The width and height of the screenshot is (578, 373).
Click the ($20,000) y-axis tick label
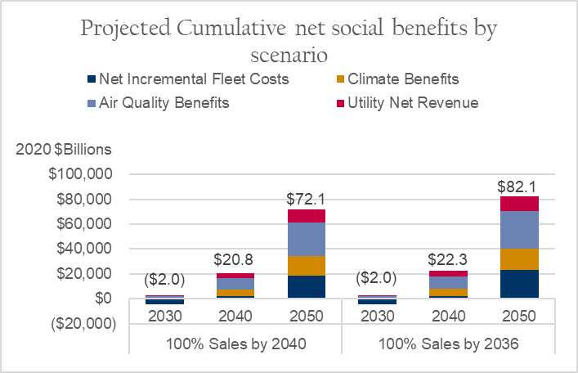[x=81, y=323]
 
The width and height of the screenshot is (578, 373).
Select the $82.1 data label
[x=518, y=186]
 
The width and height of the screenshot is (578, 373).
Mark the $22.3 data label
[x=448, y=261]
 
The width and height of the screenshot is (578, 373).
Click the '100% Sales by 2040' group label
[x=235, y=344]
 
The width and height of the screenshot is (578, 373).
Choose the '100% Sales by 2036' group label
[x=447, y=344]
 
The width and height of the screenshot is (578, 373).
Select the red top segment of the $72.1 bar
[x=307, y=216]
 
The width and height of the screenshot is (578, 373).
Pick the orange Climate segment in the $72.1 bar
[x=307, y=266]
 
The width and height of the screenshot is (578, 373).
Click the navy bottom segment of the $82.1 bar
[x=518, y=284]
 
